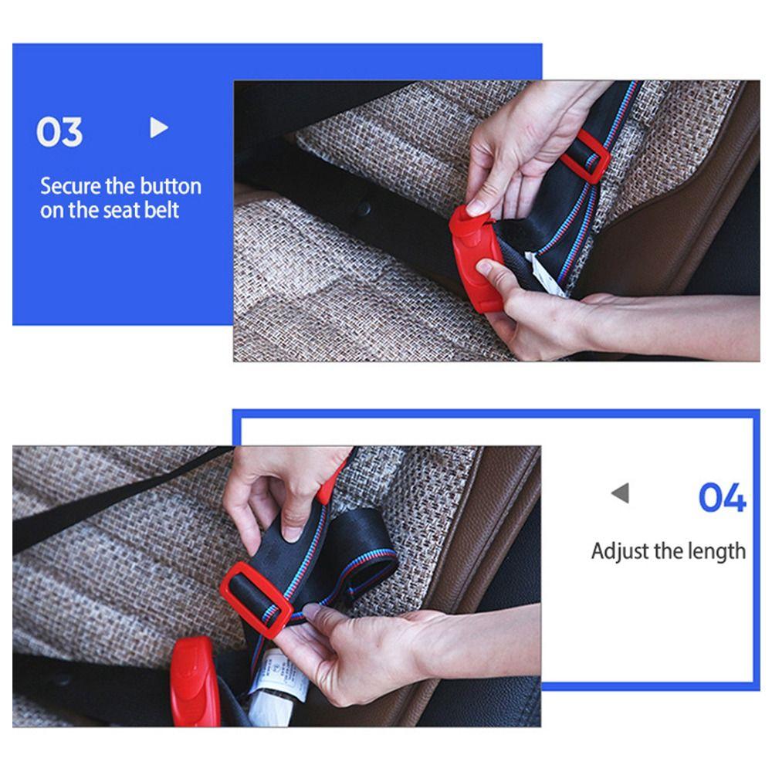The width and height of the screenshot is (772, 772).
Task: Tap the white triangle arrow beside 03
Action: coord(158,127)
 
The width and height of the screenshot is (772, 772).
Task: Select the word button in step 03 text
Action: coord(168,186)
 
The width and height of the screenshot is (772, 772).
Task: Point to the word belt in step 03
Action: coord(160,210)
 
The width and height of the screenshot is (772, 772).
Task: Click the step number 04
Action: coord(722,497)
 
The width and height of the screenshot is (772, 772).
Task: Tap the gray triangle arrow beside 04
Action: coord(620,493)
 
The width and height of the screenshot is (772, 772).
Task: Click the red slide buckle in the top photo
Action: coord(585,157)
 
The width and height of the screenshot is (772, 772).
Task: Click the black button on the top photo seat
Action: coord(364,208)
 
